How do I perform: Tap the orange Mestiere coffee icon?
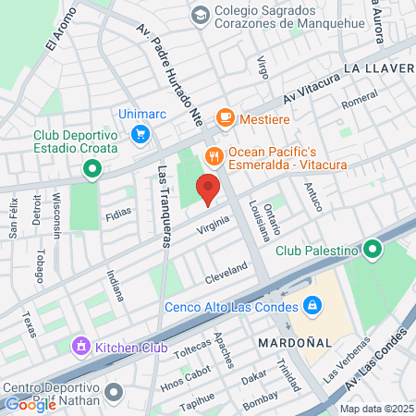[224, 117]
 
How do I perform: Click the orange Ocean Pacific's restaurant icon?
[214, 155]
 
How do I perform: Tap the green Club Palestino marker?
[373, 250]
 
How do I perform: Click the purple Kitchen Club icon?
[80, 347]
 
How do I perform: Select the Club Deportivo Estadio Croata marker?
[92, 168]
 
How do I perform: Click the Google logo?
[31, 403]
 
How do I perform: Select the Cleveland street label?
[226, 272]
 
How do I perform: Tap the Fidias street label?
[118, 213]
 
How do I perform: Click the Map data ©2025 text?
[376, 409]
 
